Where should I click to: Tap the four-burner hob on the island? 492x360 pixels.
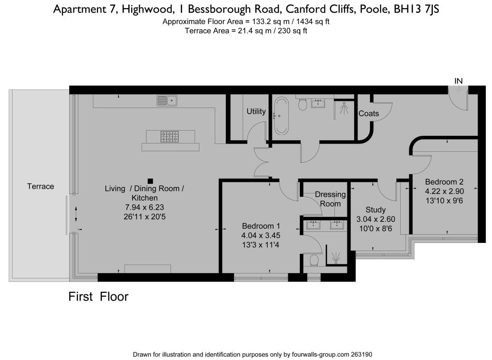pos(170,137)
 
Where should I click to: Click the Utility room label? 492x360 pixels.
pos(256,111)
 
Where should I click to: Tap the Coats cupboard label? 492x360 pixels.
pos(369,114)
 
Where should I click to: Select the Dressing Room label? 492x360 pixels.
pos(330,199)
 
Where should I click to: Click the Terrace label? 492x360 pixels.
pos(40,186)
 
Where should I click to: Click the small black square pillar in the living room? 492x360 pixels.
pos(150,181)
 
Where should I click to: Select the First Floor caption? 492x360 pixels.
pos(98,297)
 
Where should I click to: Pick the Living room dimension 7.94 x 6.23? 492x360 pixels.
pos(144,207)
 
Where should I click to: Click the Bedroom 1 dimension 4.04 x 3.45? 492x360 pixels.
pos(261,235)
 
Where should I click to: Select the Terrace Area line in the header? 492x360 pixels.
pos(246,31)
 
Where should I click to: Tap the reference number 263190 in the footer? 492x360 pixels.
pos(359,355)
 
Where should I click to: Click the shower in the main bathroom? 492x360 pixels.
pos(344,109)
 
